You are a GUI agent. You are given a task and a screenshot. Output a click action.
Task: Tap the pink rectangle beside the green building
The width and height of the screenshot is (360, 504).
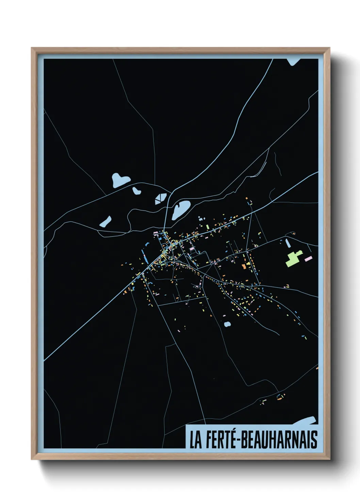308,259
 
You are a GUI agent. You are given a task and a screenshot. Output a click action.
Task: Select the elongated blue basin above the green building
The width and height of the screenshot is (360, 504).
288,243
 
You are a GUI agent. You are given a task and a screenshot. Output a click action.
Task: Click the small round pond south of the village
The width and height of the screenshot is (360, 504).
227,324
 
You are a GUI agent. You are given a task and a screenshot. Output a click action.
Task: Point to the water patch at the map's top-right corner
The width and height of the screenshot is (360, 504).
293,61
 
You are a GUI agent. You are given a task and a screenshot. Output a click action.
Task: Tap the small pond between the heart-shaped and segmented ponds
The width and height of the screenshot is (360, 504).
136,191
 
